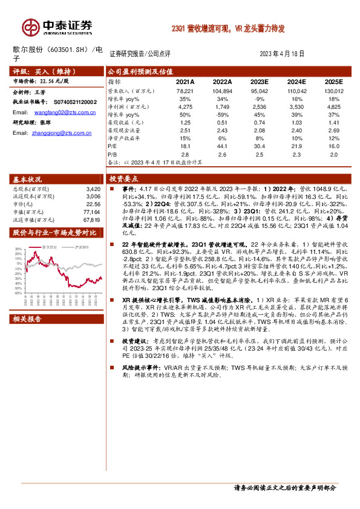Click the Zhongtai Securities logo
[58, 26]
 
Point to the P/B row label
[113, 154]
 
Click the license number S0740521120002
[71, 103]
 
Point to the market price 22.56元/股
[51, 80]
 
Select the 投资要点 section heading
[123, 179]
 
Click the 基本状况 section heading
[28, 180]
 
